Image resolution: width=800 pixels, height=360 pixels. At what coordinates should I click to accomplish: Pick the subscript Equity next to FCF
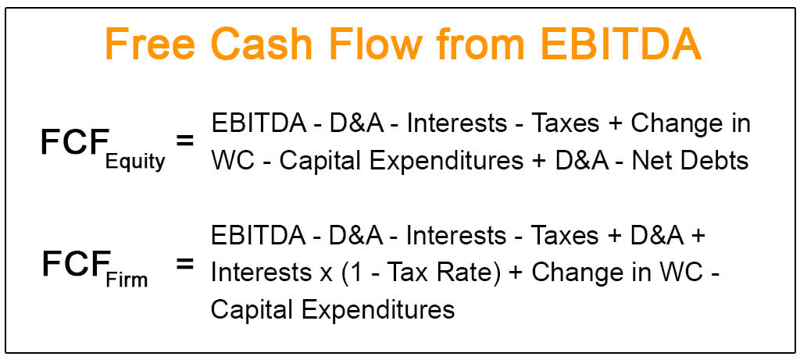[136, 162]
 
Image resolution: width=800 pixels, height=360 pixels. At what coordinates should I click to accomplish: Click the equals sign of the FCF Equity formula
[184, 141]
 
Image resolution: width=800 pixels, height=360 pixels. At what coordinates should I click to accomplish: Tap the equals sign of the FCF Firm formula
[184, 264]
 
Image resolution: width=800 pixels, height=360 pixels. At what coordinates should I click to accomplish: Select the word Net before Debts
[650, 162]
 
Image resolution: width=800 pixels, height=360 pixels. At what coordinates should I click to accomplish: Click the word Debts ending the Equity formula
[711, 162]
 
